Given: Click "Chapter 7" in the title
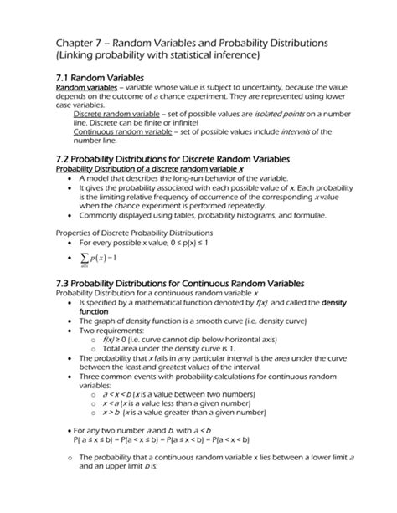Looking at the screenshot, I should [81, 42].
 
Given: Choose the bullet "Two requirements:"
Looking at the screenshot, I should [112, 331].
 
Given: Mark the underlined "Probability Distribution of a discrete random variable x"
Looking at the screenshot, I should [147, 168].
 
